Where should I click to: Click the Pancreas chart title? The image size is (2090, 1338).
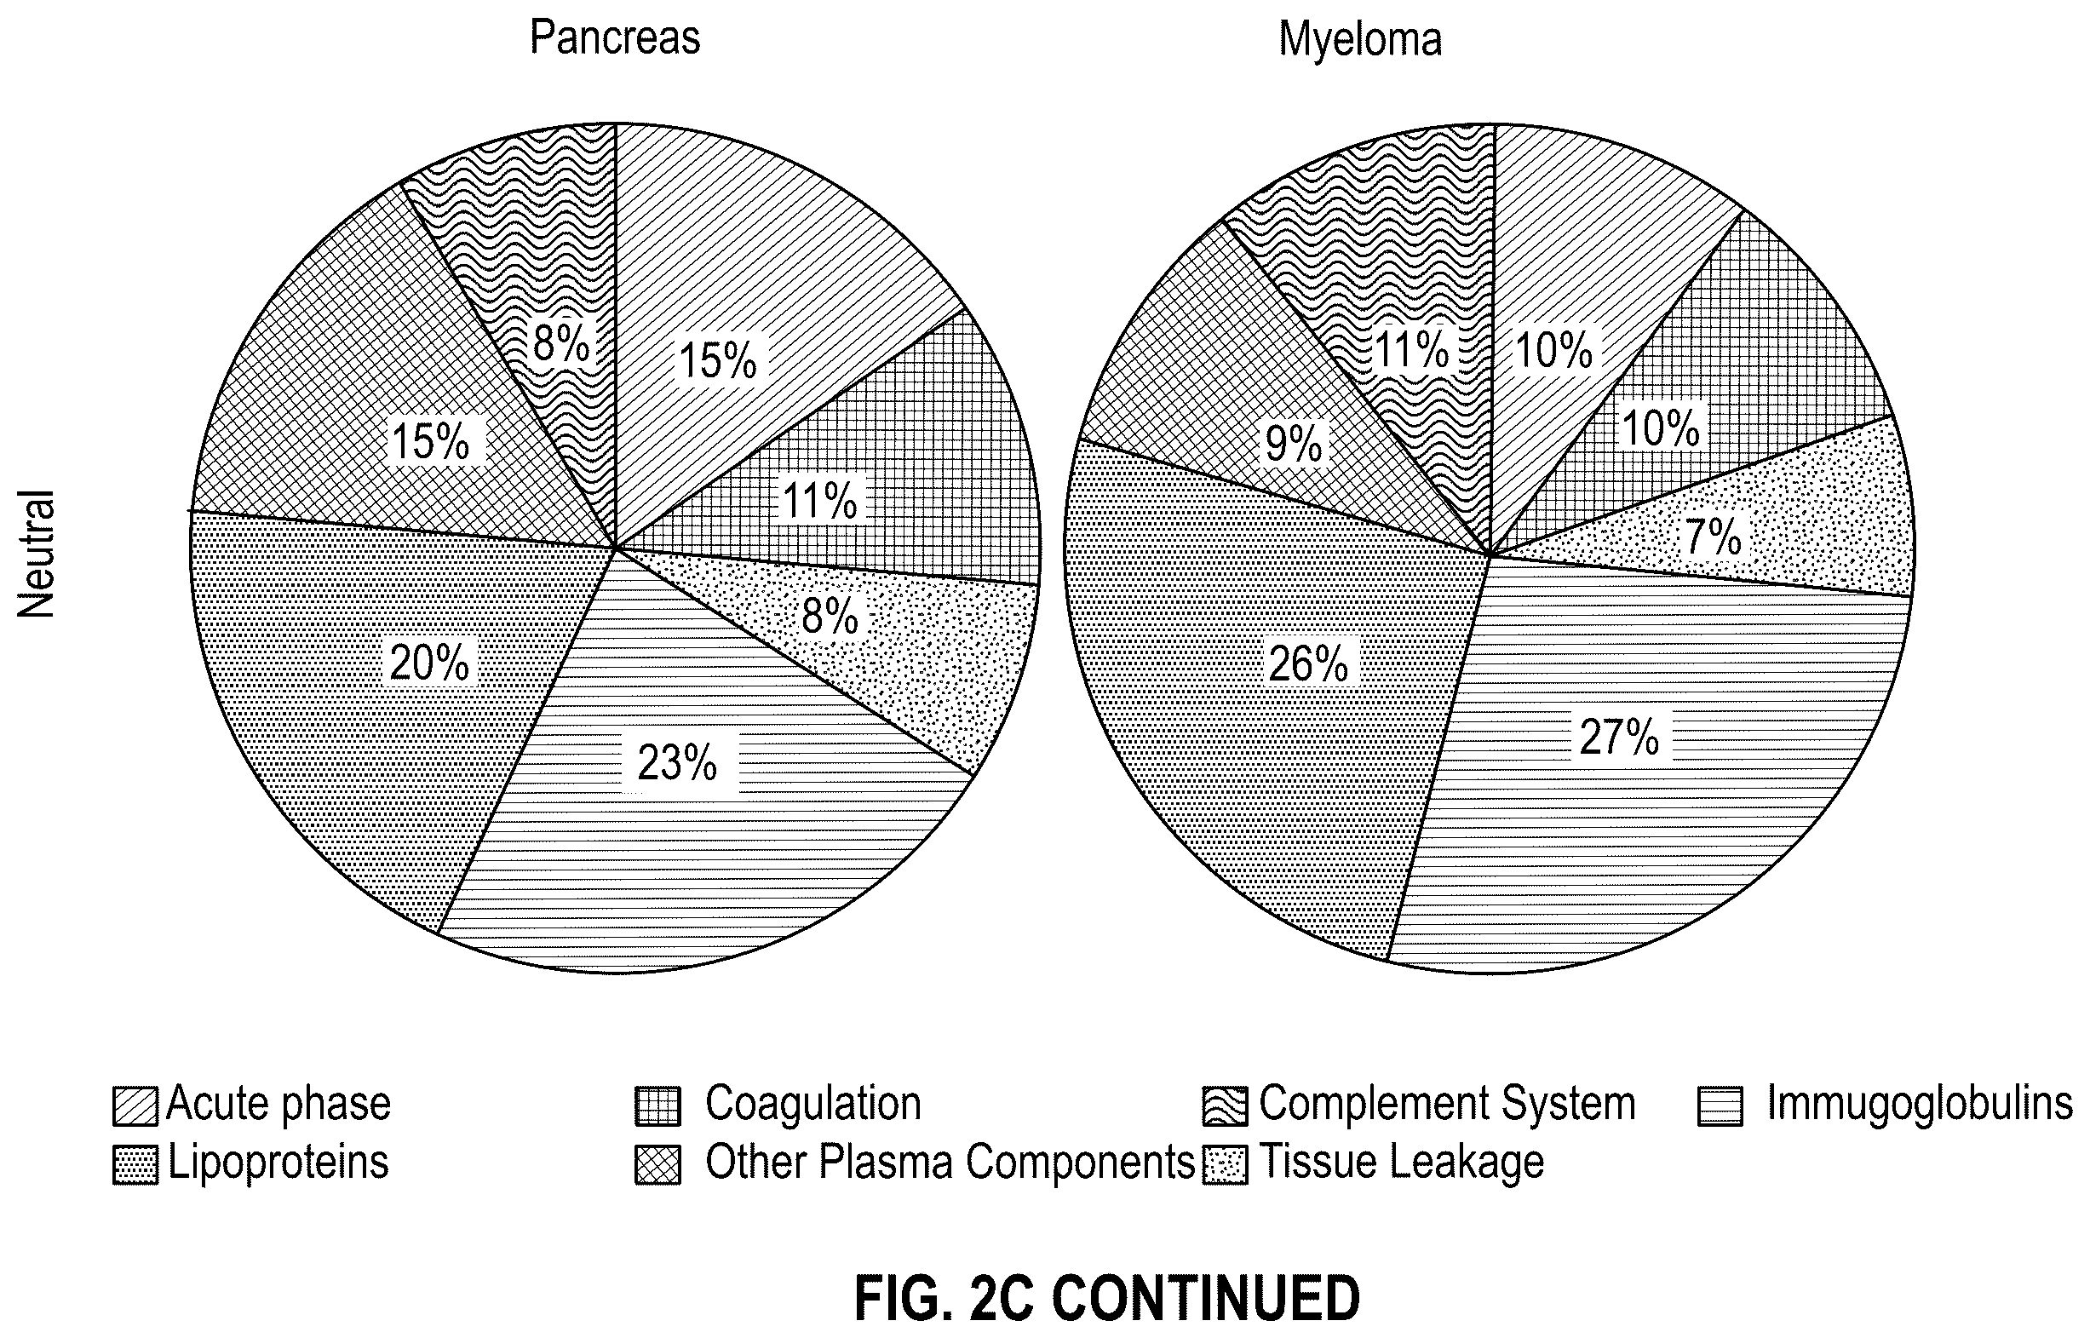point(615,38)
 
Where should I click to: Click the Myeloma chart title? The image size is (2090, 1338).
point(1359,40)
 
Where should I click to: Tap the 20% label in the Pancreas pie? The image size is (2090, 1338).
point(429,663)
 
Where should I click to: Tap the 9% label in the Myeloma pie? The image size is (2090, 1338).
point(1294,444)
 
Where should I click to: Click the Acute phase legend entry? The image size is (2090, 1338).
point(252,1105)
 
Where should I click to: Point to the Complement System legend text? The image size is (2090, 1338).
point(1447,1105)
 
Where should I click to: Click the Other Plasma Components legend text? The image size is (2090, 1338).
point(950,1163)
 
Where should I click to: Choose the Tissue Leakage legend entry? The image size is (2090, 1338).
point(1374,1163)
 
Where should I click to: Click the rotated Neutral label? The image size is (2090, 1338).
point(37,554)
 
